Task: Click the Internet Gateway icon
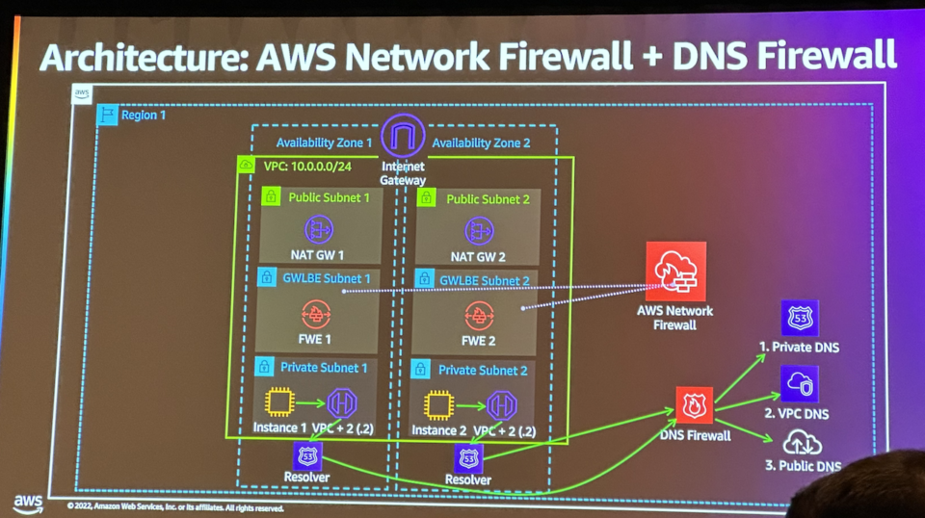click(x=404, y=136)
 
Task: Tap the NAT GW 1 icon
click(x=319, y=230)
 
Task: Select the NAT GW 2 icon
click(x=479, y=230)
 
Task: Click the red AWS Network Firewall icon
click(x=676, y=271)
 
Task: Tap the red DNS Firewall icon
click(x=695, y=405)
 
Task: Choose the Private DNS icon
click(x=799, y=318)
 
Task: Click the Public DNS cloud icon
click(x=802, y=443)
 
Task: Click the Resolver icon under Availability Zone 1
click(x=307, y=455)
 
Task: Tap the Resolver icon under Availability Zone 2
click(x=468, y=459)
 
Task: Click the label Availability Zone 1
click(x=324, y=142)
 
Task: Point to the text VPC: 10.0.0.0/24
click(x=307, y=167)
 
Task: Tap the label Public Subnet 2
click(x=488, y=199)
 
